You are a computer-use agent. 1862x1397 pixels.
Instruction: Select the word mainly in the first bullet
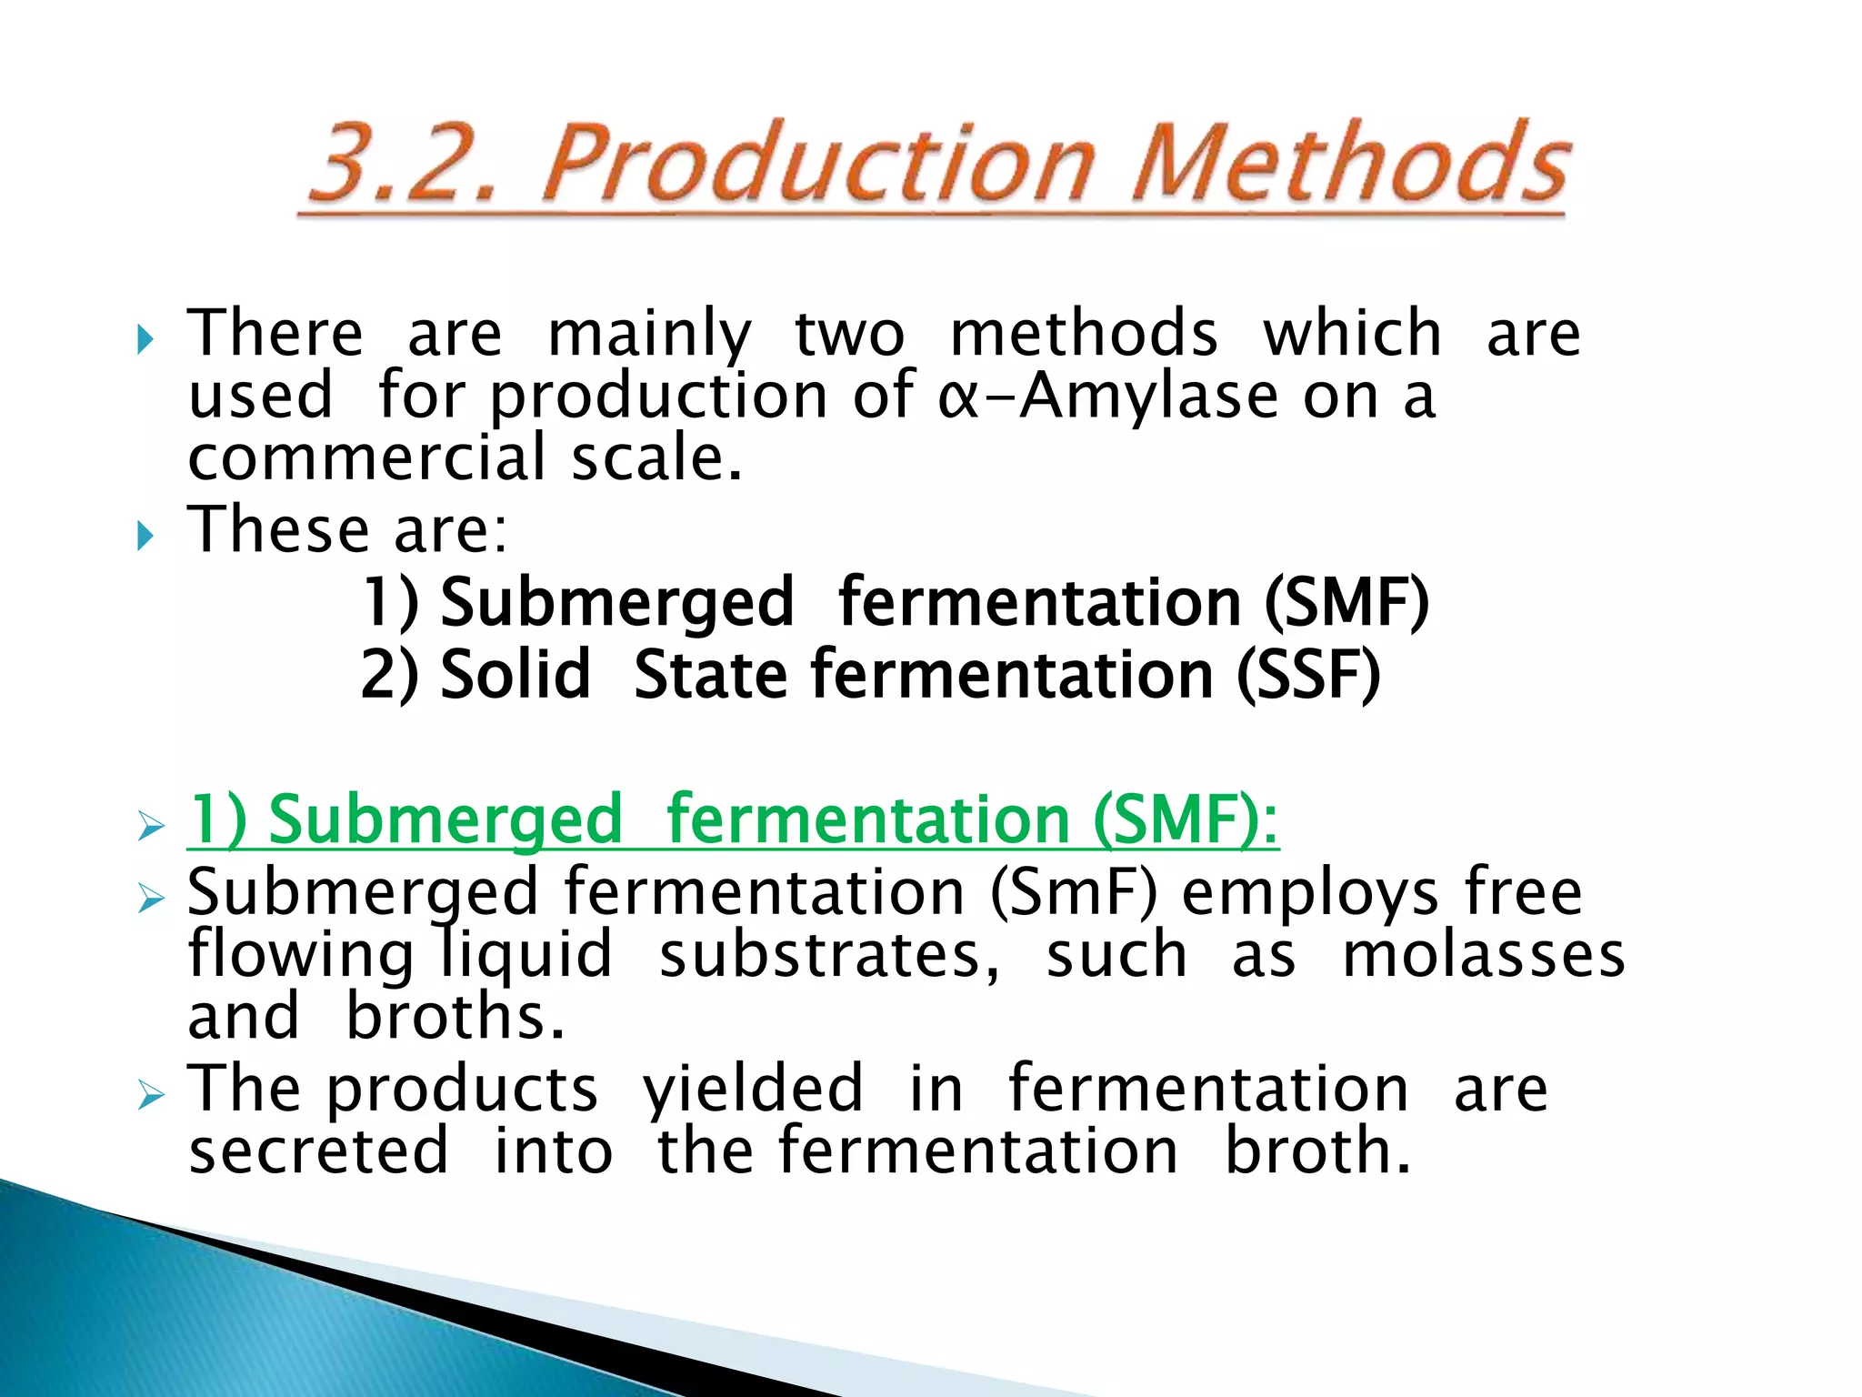[x=649, y=335]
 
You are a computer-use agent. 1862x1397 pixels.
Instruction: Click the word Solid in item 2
[x=516, y=675]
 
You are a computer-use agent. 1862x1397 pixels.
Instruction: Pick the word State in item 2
[x=710, y=675]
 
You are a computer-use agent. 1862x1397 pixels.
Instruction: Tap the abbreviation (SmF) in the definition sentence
[x=1074, y=892]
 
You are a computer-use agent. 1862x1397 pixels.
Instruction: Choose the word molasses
[x=1484, y=955]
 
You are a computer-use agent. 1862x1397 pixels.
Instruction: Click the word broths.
[x=455, y=1017]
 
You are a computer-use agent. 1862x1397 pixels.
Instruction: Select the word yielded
[x=753, y=1088]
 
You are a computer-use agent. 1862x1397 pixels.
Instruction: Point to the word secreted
[x=318, y=1151]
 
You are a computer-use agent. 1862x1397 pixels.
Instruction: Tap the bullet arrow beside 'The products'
[x=150, y=1095]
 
